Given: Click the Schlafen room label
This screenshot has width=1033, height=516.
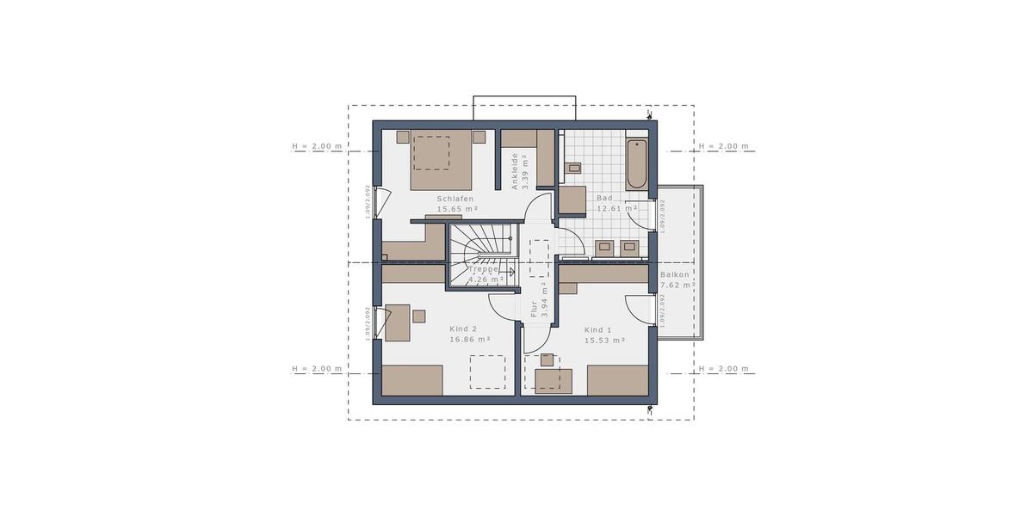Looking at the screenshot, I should click(455, 199).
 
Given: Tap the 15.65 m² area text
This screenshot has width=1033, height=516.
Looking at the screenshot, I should click(457, 209).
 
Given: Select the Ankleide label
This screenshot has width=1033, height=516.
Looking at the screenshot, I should click(515, 170).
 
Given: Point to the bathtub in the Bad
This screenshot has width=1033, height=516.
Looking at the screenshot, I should click(636, 163).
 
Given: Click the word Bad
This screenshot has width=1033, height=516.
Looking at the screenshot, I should click(604, 198).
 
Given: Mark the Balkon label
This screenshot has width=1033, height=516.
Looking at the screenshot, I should click(676, 276).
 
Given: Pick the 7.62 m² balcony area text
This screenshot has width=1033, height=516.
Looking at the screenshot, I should click(677, 286).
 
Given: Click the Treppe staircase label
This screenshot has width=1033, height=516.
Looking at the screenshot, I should click(484, 269).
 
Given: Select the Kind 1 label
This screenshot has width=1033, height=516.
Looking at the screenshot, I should click(597, 330).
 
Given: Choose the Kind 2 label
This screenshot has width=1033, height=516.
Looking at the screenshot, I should click(463, 329).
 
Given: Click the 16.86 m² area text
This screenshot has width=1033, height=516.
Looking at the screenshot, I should click(470, 340).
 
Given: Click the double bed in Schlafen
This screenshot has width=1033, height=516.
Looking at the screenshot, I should click(441, 159).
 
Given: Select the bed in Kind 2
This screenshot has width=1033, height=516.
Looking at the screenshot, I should click(412, 380).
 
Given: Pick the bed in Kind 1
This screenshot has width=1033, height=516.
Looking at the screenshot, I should click(617, 380).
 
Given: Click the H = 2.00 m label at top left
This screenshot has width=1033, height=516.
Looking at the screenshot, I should click(317, 146).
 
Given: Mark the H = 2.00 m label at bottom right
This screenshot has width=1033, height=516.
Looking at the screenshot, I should click(723, 369).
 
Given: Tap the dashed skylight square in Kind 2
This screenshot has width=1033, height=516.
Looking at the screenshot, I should click(487, 372).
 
